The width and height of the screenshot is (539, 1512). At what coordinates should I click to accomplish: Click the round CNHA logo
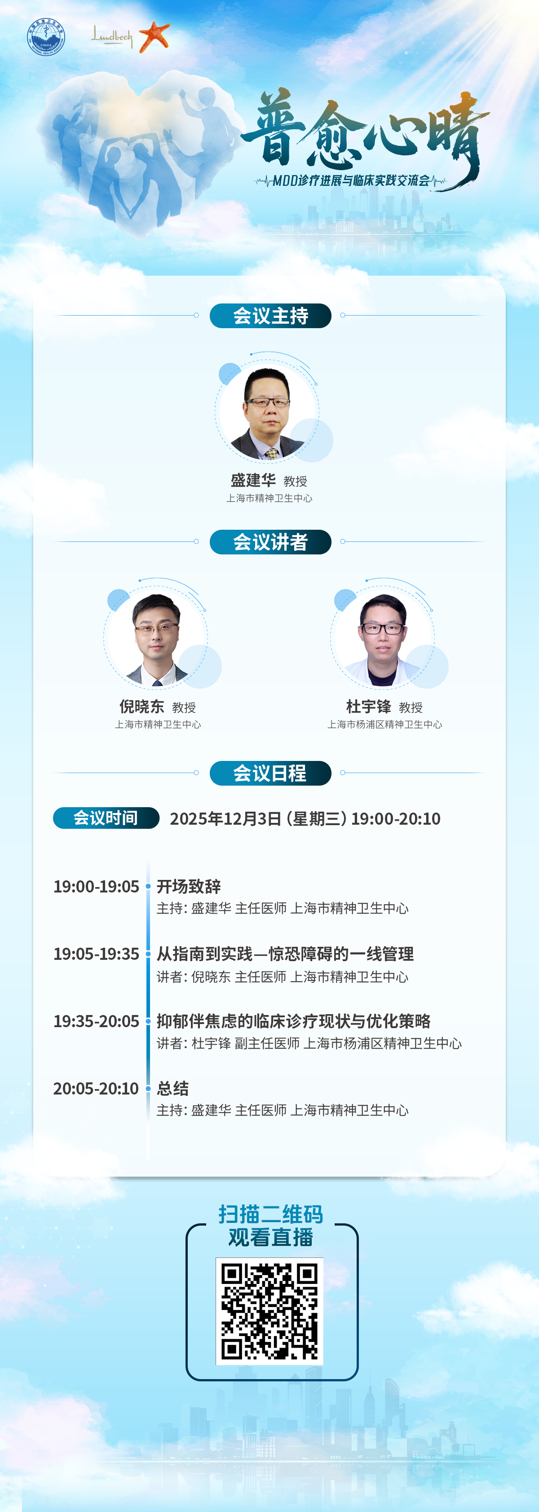(46, 37)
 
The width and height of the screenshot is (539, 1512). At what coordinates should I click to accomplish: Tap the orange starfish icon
(155, 36)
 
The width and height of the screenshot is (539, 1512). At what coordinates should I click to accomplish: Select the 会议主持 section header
(271, 316)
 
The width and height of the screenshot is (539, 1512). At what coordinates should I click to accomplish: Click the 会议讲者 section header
(271, 542)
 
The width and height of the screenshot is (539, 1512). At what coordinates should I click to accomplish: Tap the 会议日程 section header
(271, 773)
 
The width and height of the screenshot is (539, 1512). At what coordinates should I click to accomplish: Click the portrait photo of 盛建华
(268, 412)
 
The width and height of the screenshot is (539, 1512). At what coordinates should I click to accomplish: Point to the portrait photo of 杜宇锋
(383, 639)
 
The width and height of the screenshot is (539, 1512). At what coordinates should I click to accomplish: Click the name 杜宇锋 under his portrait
(368, 706)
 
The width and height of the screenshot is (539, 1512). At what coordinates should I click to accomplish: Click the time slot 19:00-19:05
(96, 886)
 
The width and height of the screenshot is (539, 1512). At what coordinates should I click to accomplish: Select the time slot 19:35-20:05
(96, 1021)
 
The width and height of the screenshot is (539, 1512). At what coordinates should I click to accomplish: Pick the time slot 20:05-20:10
(96, 1089)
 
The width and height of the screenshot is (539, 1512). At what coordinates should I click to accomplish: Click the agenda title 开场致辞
(189, 886)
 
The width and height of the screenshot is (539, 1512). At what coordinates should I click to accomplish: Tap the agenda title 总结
(172, 1089)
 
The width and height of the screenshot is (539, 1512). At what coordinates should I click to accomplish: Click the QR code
(269, 1311)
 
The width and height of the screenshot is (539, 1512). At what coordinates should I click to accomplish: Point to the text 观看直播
(271, 1237)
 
